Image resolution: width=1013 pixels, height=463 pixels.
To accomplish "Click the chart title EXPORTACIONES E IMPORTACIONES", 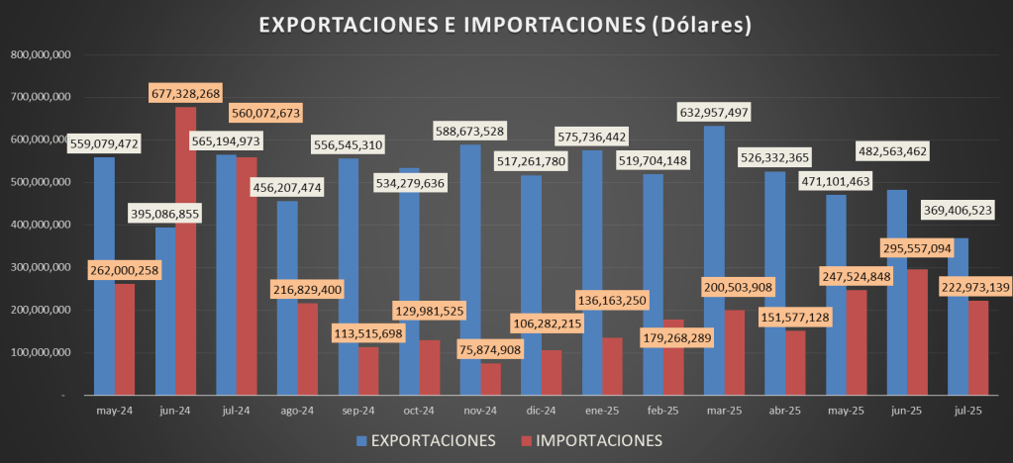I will (x=505, y=26).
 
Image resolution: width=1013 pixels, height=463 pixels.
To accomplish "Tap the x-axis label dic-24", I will (x=542, y=410).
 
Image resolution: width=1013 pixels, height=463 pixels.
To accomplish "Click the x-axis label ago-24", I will (x=297, y=410).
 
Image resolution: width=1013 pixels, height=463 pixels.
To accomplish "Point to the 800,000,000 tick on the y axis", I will (x=39, y=55).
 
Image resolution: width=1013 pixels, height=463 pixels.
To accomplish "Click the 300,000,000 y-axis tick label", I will (x=39, y=268).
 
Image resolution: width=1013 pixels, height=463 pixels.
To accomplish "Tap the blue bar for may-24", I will (x=104, y=276).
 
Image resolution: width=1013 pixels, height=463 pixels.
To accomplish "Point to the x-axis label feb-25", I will (x=663, y=410).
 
